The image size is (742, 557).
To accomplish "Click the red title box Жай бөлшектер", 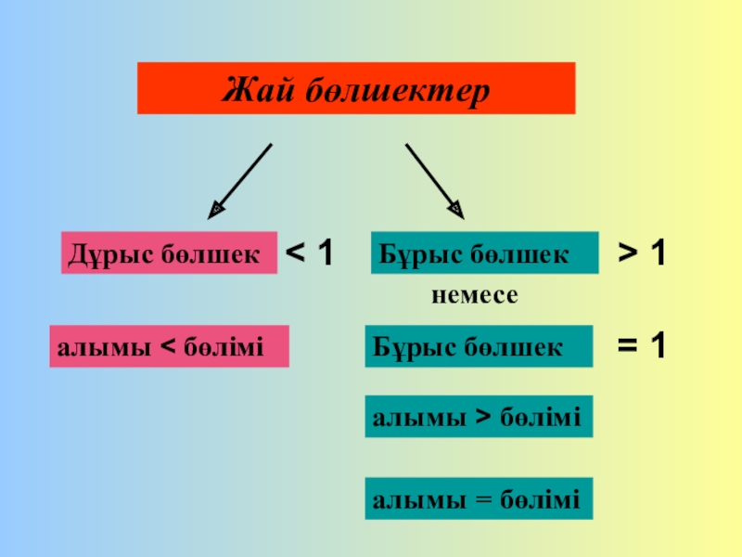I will (x=356, y=88).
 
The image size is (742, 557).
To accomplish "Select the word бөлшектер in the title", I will (x=392, y=89).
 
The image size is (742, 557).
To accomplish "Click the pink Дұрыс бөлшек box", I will (x=170, y=253).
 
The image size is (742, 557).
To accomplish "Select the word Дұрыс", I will (x=102, y=253).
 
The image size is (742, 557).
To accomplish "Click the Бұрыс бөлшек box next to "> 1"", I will (x=484, y=253).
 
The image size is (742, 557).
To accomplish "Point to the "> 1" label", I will (x=644, y=252).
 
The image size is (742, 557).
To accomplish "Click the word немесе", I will (x=474, y=296).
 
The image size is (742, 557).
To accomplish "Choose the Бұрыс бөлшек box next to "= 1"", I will (x=479, y=346).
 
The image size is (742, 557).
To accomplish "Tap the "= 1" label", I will (x=643, y=346).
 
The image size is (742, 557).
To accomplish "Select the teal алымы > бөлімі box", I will (x=479, y=419).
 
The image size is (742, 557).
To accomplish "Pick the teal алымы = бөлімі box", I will (x=479, y=499).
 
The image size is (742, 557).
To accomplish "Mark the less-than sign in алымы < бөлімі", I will (x=168, y=347).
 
